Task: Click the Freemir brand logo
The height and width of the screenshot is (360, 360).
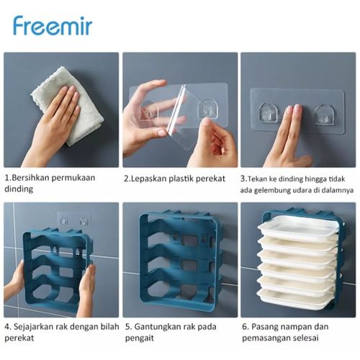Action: point(53,26)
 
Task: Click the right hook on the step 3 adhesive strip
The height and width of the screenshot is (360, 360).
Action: point(325,114)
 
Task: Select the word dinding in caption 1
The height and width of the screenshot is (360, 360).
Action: point(19,189)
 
